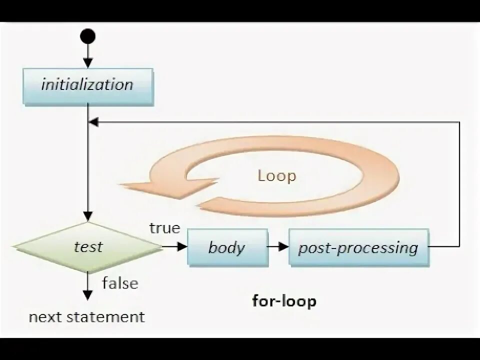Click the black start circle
pyautogui.click(x=88, y=36)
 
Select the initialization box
pyautogui.click(x=87, y=84)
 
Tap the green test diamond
pyautogui.click(x=88, y=246)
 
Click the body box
pyautogui.click(x=227, y=247)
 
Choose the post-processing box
pyautogui.click(x=358, y=247)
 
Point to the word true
pyautogui.click(x=164, y=228)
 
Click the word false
pyautogui.click(x=120, y=283)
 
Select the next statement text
pyautogui.click(x=86, y=316)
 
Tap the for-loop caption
pyautogui.click(x=284, y=301)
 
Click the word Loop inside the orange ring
pyautogui.click(x=276, y=176)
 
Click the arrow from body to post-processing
pyautogui.click(x=278, y=246)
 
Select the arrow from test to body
pyautogui.click(x=175, y=246)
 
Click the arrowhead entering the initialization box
pyautogui.click(x=88, y=63)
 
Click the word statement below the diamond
pyautogui.click(x=110, y=316)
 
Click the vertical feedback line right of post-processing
pyautogui.click(x=459, y=185)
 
